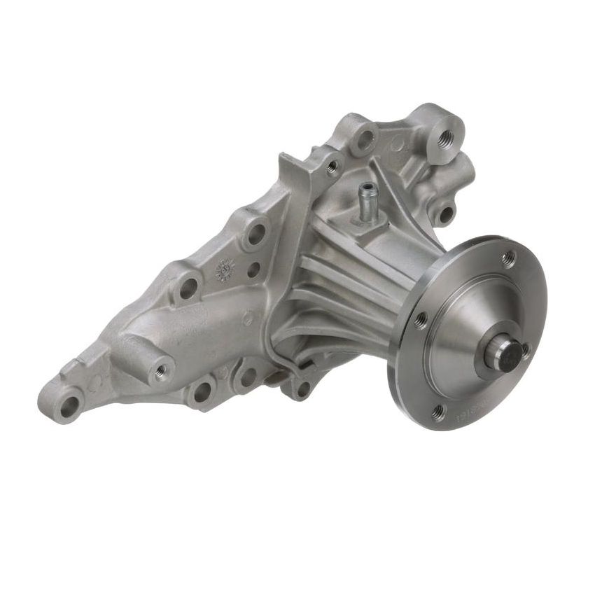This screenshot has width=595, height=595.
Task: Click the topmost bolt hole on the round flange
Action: [x=510, y=257]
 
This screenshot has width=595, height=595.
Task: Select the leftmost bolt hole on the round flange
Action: [x=420, y=321]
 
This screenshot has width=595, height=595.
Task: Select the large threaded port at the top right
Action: [x=444, y=137]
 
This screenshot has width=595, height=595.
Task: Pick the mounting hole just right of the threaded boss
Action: [x=203, y=389]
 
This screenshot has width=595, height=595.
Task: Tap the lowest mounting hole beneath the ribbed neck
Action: [x=302, y=387]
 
